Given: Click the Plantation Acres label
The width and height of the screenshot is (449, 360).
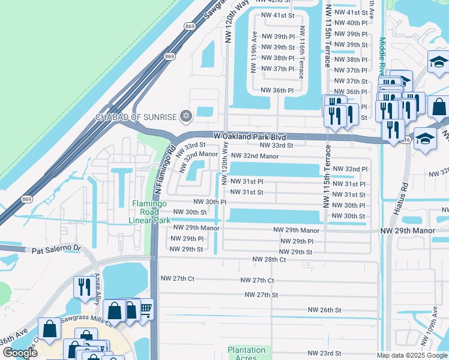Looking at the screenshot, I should point(246,353).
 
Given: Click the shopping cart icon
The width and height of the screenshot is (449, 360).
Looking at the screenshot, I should point(145,309).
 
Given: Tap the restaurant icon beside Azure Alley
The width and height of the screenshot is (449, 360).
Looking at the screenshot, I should point(82,287).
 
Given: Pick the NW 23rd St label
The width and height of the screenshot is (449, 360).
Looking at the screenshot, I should point(324,353).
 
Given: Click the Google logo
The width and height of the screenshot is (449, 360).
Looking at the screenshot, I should point(20,352).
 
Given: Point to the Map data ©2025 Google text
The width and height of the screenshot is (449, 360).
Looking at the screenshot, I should point(411,355).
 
